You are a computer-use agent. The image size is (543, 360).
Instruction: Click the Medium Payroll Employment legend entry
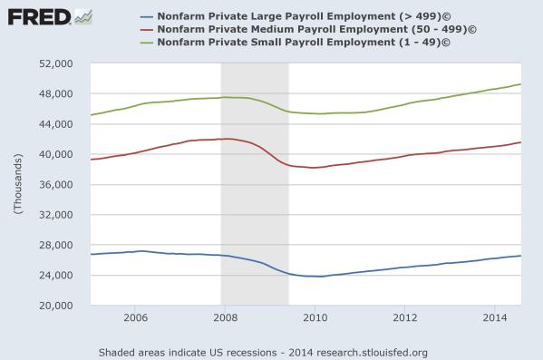(309, 29)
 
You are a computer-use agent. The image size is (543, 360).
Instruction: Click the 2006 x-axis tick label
(135, 318)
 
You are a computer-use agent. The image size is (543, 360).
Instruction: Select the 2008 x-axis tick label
(225, 318)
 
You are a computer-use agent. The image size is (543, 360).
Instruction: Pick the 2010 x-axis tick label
(315, 318)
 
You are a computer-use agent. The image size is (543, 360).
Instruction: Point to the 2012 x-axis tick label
(404, 318)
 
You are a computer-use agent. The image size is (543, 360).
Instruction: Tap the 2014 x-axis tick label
(494, 318)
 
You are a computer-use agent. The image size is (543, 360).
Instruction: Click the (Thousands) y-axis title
(16, 185)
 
